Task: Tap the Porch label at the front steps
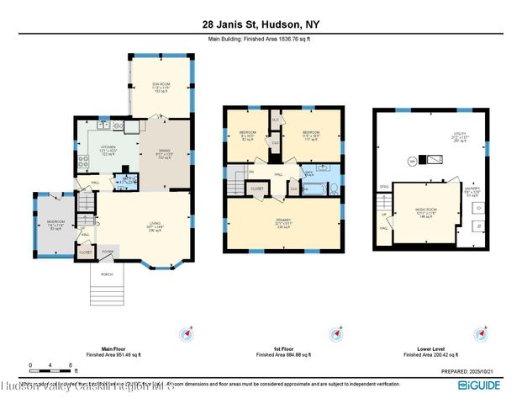point(107,274)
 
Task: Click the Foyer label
point(108,250)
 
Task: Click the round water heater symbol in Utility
point(413,160)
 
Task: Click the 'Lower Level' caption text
point(430,348)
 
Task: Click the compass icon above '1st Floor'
point(338,332)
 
